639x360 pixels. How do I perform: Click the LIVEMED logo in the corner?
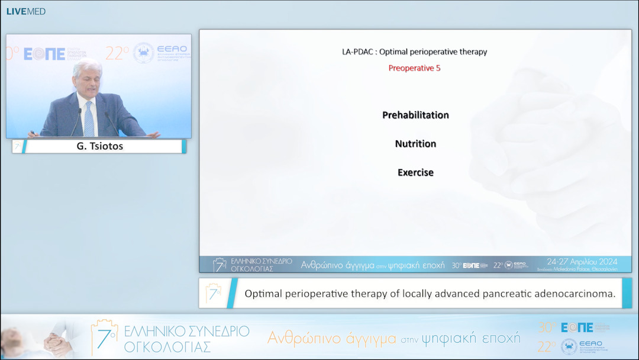coord(25,11)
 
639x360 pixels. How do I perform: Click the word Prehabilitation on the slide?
coord(415,115)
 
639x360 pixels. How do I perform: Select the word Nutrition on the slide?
coord(415,144)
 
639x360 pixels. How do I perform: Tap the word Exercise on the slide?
coord(415,173)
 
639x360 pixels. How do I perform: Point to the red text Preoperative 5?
coord(414,68)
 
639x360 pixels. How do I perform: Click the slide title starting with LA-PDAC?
coord(414,52)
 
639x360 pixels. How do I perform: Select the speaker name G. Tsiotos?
coord(100,146)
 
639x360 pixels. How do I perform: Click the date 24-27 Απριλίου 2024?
coord(582,261)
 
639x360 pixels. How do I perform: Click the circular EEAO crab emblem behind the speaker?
coord(143,53)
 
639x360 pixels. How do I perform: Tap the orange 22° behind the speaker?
coord(117,53)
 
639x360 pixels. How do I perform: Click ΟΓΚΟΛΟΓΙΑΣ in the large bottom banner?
coord(167,347)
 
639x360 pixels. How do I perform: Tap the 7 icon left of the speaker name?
coord(17,146)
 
